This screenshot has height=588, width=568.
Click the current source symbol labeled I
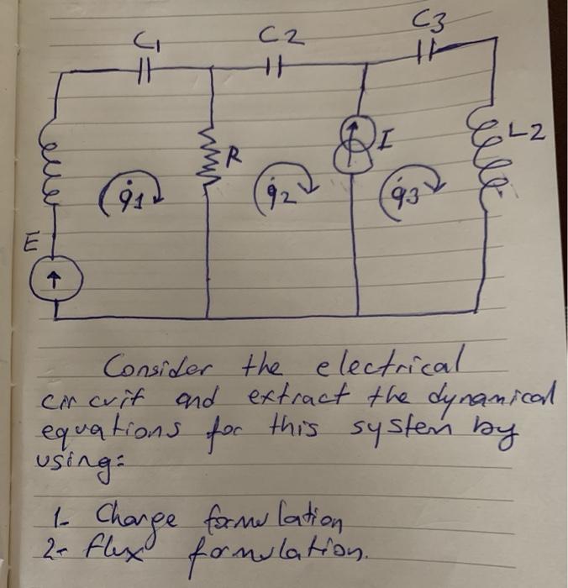coord(355,143)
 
